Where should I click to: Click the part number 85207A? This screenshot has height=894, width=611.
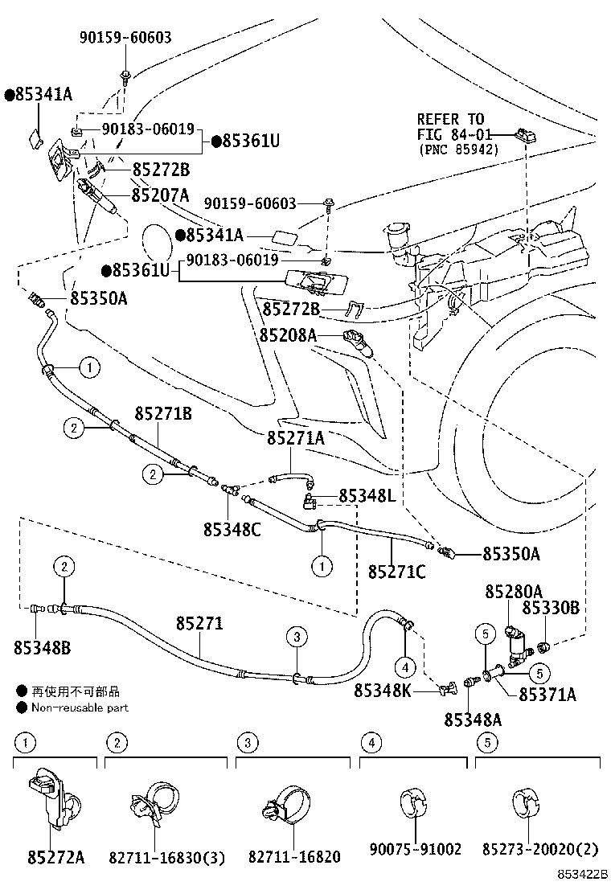click(x=161, y=195)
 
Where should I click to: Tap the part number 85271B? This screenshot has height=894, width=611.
click(x=163, y=413)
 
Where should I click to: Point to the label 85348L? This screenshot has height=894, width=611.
click(x=367, y=496)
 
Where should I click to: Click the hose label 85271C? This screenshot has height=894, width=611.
click(x=397, y=572)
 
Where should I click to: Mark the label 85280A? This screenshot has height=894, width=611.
click(x=513, y=592)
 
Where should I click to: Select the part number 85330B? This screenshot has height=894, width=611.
click(x=551, y=609)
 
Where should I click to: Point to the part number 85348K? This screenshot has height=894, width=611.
click(x=383, y=690)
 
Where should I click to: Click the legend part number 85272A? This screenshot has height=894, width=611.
click(x=55, y=856)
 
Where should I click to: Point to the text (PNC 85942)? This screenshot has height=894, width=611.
click(x=457, y=150)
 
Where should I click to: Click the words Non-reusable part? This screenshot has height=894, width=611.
click(x=80, y=707)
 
